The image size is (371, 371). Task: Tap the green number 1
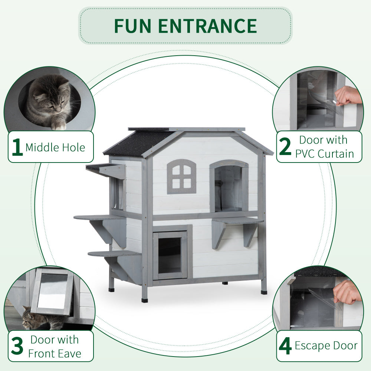tap(17, 148)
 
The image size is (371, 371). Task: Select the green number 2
tap(285, 147)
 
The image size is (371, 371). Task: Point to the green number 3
tap(17, 347)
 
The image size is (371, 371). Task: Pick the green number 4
tap(285, 347)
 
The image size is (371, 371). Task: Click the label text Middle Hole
tap(55, 148)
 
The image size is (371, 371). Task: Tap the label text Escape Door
tap(326, 346)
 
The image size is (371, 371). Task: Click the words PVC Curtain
tap(325, 154)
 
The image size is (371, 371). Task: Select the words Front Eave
tap(55, 354)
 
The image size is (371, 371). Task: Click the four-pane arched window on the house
tap(181, 177)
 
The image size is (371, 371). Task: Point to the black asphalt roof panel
tap(139, 142)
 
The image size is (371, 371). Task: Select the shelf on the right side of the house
tap(237, 221)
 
